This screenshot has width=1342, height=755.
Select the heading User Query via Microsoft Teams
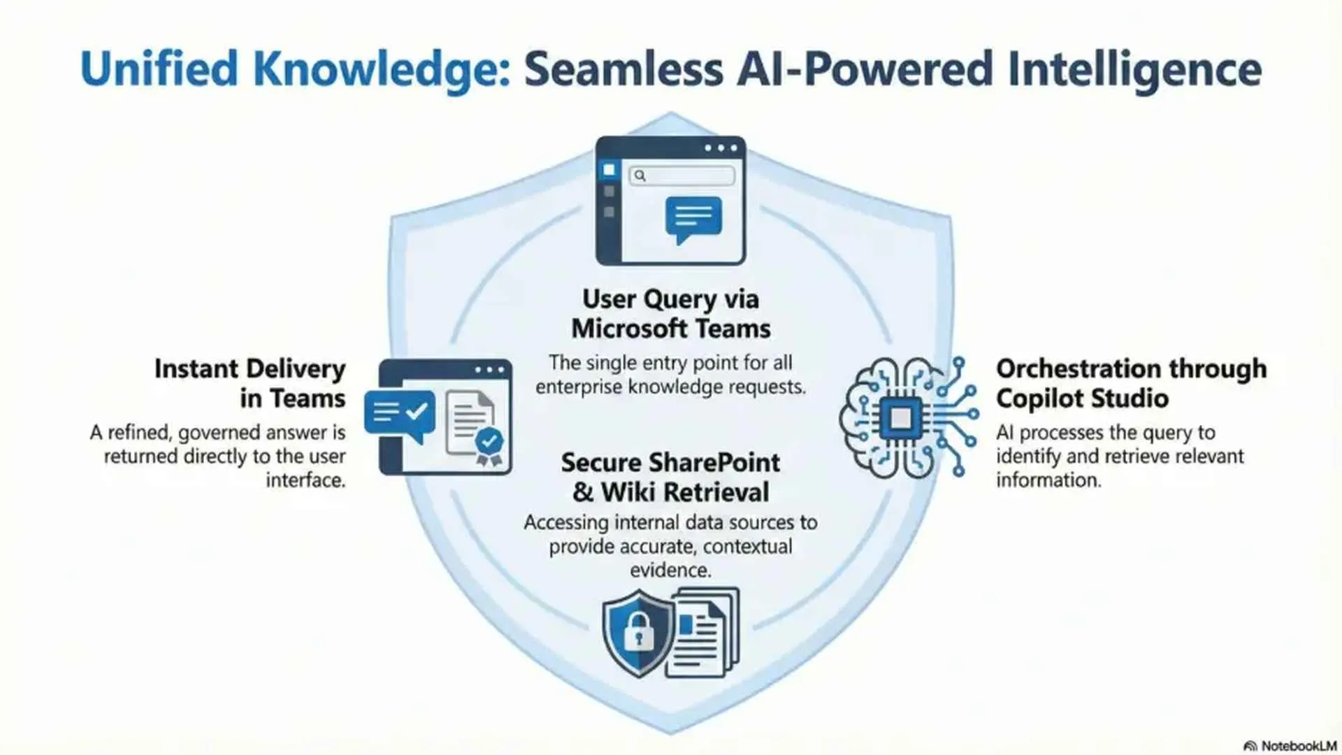pyautogui.click(x=670, y=314)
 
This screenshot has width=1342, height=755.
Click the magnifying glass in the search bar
pyautogui.click(x=640, y=175)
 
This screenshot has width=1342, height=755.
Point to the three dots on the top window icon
pyautogui.click(x=721, y=148)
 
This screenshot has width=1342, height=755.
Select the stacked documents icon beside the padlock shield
pyautogui.click(x=702, y=633)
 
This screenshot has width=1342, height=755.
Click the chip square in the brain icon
pyautogui.click(x=900, y=418)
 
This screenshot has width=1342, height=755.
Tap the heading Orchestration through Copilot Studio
pyautogui.click(x=1131, y=383)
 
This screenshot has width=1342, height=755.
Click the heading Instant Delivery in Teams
pyautogui.click(x=250, y=383)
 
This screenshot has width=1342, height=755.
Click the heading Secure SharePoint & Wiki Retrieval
pyautogui.click(x=670, y=477)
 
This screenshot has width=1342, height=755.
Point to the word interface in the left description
pyautogui.click(x=305, y=480)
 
